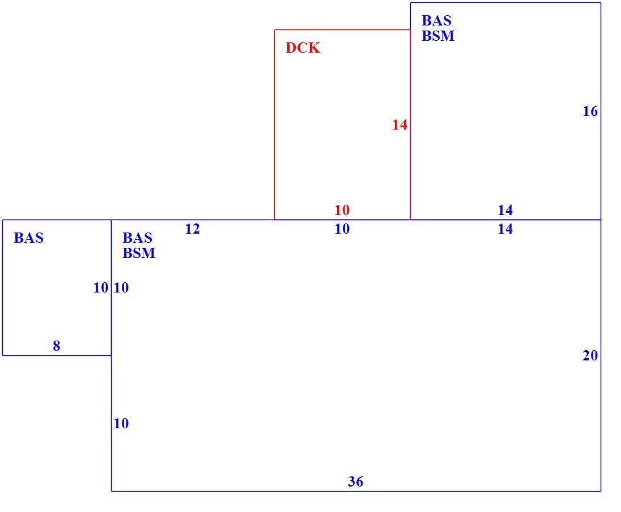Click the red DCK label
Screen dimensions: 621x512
303,48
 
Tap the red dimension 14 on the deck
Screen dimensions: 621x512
399,125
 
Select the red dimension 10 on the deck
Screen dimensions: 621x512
342,210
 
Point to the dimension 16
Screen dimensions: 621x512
590,111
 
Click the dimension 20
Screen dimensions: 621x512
590,355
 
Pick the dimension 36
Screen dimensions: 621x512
355,481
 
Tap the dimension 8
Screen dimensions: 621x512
57,346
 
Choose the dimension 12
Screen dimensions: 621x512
193,229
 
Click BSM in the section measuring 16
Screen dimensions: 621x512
438,36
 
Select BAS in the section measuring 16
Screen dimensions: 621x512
436,20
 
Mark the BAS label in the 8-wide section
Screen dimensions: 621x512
28,238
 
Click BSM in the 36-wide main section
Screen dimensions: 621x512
139,253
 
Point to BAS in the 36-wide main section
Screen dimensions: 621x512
138,238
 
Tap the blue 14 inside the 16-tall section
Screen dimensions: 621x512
505,210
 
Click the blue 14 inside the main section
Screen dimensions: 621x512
505,229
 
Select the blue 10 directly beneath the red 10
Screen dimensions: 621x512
342,229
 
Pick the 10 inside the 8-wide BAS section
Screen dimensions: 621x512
101,288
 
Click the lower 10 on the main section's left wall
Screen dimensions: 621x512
121,423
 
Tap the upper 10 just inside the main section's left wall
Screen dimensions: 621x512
121,288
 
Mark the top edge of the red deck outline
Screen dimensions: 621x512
343,29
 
